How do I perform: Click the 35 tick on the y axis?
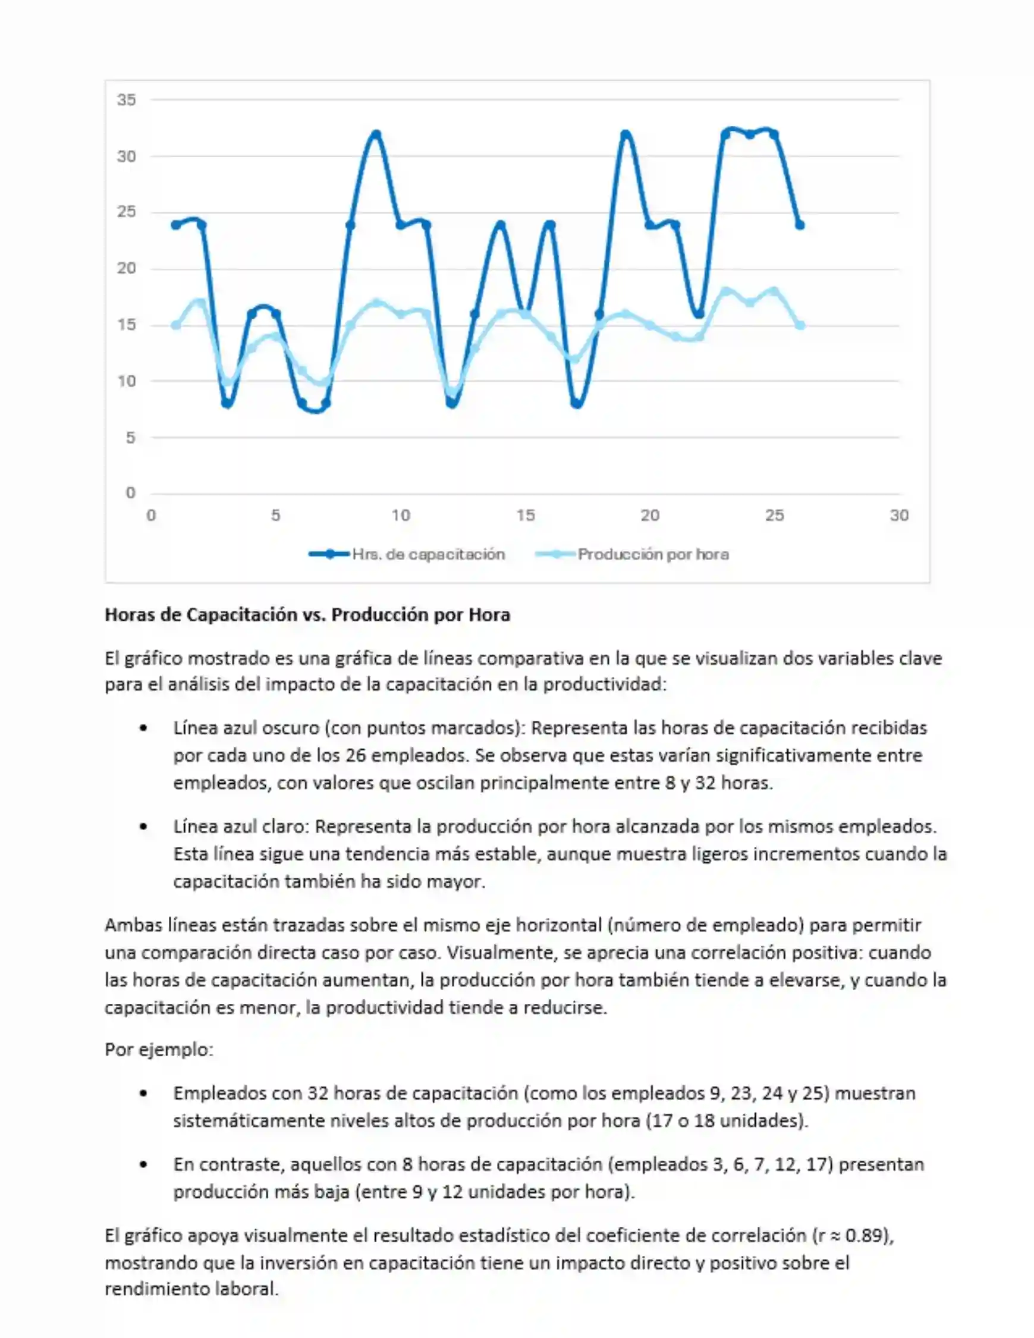[x=126, y=99]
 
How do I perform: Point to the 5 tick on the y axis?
[x=130, y=438]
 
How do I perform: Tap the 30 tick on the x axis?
[x=898, y=515]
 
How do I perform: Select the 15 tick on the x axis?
[x=525, y=515]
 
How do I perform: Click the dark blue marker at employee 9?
[x=376, y=134]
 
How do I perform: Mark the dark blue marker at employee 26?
[x=799, y=225]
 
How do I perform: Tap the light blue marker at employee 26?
[x=799, y=325]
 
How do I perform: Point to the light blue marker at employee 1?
[x=176, y=325]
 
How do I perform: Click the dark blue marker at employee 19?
[x=625, y=134]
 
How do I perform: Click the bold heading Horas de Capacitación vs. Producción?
[x=307, y=614]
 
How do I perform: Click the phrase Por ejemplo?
[x=159, y=1050]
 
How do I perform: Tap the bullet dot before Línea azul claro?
[x=143, y=827]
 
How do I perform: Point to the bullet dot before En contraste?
[x=143, y=1164]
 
